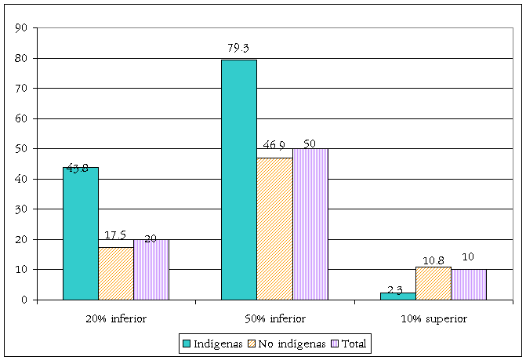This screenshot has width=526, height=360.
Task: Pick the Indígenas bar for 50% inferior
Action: point(239,180)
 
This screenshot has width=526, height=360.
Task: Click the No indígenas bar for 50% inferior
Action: point(274,228)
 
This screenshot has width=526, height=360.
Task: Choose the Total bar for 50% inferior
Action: point(310,224)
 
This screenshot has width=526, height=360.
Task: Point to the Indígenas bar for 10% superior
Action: point(397,296)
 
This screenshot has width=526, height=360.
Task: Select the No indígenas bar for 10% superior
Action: point(433,283)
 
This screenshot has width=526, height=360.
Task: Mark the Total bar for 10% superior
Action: point(468,284)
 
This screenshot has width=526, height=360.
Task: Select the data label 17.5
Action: point(116,235)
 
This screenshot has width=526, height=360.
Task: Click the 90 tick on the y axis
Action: point(22,28)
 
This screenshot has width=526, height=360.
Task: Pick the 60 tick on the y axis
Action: point(22,118)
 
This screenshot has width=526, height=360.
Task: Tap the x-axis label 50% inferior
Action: point(274,318)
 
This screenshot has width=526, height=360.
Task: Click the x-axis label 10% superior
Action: point(433,318)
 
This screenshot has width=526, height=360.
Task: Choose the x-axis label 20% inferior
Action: point(116,318)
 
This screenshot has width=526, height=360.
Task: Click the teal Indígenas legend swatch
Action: point(187,343)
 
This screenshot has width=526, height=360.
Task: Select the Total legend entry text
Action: point(355,343)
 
